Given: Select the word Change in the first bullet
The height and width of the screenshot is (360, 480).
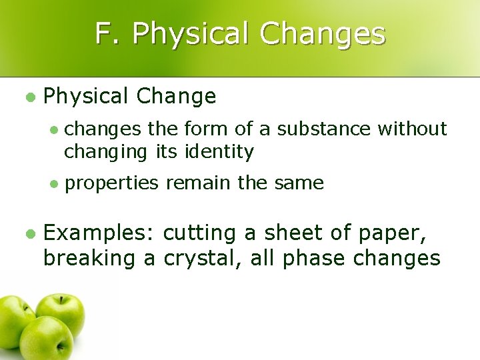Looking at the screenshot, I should coord(176,97).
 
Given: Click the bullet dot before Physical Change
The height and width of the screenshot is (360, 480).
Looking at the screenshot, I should coord(29,97).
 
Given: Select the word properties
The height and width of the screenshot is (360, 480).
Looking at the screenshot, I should coord(112,183).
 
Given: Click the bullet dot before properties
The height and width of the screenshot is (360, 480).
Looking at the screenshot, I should coord(55,183).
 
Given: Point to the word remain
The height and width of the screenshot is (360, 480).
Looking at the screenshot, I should coord(194,182).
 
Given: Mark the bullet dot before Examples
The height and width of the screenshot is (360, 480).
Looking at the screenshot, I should coord(29,234).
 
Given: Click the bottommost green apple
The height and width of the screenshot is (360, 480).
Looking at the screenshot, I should coord(46,337).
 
